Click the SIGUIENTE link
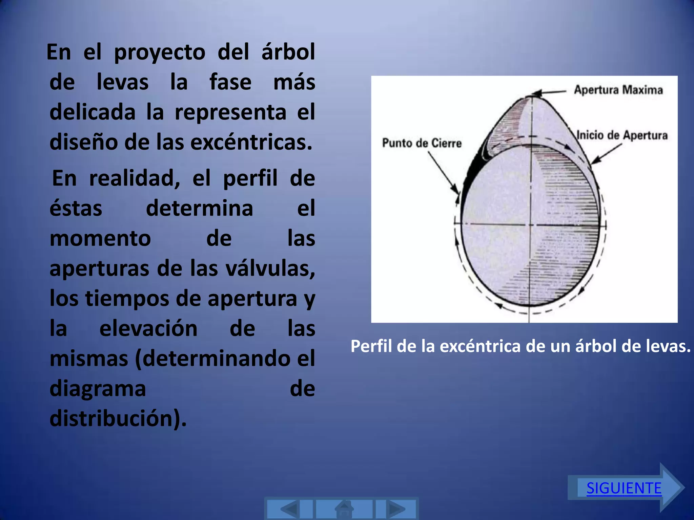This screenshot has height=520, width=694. pyautogui.click(x=624, y=488)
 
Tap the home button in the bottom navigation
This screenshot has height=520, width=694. pyautogui.click(x=344, y=509)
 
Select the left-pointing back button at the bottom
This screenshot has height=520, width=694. pyautogui.click(x=290, y=509)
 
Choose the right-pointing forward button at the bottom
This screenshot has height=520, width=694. pyautogui.click(x=396, y=509)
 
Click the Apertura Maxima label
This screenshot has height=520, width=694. pyautogui.click(x=618, y=90)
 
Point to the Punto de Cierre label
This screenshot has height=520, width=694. pyautogui.click(x=422, y=143)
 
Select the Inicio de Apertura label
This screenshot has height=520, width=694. pyautogui.click(x=622, y=135)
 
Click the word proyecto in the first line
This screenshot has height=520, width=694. pyautogui.click(x=160, y=52)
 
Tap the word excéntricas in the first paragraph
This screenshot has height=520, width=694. pyautogui.click(x=251, y=143)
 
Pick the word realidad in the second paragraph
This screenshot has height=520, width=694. pyautogui.click(x=135, y=178)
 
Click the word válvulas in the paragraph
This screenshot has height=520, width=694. pyautogui.click(x=270, y=268)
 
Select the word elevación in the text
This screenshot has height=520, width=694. pyautogui.click(x=148, y=328)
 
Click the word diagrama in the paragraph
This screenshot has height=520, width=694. pyautogui.click(x=98, y=389)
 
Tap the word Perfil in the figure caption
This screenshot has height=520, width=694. pyautogui.click(x=371, y=346)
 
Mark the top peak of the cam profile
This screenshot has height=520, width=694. pyautogui.click(x=532, y=95)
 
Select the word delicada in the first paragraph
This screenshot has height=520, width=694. pyautogui.click(x=93, y=112)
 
